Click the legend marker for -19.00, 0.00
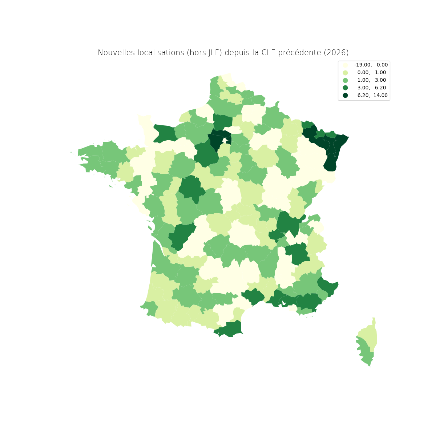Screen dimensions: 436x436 345,65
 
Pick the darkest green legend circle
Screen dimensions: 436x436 345,96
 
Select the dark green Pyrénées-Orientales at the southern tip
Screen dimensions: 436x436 229,329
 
